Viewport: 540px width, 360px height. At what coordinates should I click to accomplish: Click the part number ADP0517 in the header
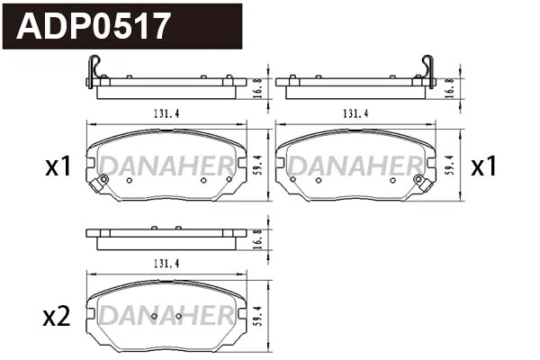click(94, 25)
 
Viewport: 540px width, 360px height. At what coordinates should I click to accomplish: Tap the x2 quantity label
click(56, 317)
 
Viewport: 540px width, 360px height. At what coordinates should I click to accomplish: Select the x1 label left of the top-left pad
click(58, 166)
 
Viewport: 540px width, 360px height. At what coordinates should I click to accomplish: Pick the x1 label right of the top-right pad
click(484, 166)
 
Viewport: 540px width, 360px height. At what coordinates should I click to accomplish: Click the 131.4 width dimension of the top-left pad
click(159, 114)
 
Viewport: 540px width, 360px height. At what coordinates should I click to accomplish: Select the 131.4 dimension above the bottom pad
click(159, 263)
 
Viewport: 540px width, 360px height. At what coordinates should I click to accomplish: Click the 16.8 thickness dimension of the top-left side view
click(257, 86)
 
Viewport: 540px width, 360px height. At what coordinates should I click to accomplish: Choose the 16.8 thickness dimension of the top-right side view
click(449, 86)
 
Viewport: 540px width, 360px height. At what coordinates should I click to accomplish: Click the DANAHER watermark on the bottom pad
click(166, 316)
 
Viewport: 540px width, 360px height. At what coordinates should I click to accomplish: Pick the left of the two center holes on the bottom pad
click(155, 317)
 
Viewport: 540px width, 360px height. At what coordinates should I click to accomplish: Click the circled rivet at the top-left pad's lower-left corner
click(103, 179)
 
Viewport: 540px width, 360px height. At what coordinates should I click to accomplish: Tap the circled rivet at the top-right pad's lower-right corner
click(418, 179)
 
